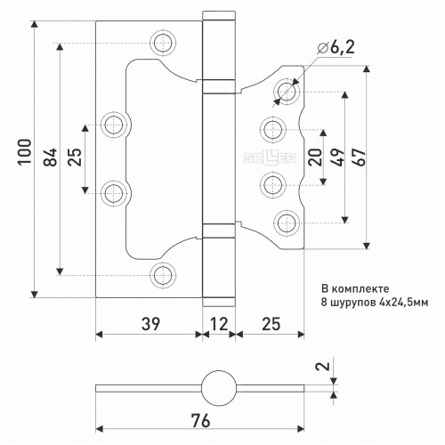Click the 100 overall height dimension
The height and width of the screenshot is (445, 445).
[25, 151]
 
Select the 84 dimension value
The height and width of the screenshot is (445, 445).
[50, 157]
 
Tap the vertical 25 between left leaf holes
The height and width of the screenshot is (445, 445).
[75, 157]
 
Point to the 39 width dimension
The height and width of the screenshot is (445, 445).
[150, 324]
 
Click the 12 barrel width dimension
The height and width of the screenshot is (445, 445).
[219, 324]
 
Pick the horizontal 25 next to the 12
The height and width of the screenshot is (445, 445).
[271, 324]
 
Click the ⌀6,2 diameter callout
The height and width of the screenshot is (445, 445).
[336, 47]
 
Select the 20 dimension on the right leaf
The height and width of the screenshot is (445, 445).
[315, 157]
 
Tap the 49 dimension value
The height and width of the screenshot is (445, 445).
[338, 157]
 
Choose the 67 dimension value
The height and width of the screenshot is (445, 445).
[359, 157]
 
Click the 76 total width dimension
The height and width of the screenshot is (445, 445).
[200, 421]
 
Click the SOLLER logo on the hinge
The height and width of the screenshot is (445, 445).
[270, 157]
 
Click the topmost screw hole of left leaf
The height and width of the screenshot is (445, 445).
[163, 43]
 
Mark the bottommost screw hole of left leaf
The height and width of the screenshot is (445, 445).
[163, 275]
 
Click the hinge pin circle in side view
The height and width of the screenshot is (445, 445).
[219, 388]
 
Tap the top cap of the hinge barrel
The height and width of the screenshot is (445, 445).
[219, 16]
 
